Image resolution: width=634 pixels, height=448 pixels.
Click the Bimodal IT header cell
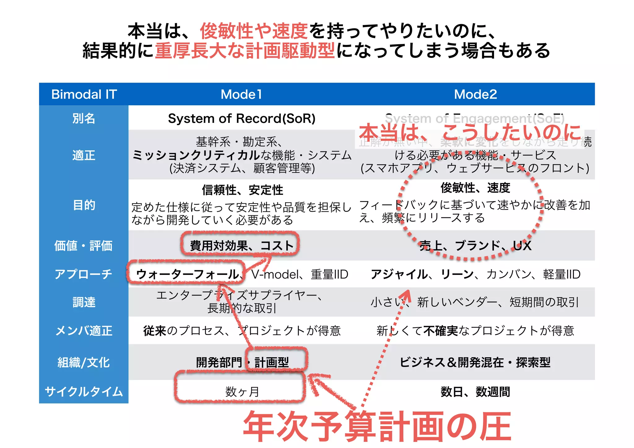coord(84,94)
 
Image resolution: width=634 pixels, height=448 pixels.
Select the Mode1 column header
coord(241,94)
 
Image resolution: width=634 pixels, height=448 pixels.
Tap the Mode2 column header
coord(475,94)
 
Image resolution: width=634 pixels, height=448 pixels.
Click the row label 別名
coord(84,118)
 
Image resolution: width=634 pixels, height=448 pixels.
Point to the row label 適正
coord(84,155)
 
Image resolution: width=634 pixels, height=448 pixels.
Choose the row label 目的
coord(84,205)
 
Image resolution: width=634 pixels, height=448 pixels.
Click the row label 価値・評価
coord(84,246)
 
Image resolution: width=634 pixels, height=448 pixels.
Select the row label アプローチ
coord(84,274)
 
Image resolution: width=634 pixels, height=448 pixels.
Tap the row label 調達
coord(84,302)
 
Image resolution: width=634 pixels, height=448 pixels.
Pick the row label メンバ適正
coord(84,331)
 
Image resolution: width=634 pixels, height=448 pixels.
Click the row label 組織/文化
coord(84,362)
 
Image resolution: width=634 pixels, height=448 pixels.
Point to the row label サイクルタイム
coord(84,392)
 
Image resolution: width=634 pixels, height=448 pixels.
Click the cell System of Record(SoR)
coord(241,118)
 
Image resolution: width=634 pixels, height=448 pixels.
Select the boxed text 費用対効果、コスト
coord(241,246)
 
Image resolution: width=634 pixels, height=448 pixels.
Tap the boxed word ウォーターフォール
coord(188,274)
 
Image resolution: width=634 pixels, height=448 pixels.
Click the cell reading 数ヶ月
coord(241,392)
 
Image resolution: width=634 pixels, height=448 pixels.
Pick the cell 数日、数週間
coord(475,392)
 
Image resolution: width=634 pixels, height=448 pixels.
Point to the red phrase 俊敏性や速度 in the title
coord(254,31)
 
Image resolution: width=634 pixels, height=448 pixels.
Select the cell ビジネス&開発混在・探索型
coord(475,362)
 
